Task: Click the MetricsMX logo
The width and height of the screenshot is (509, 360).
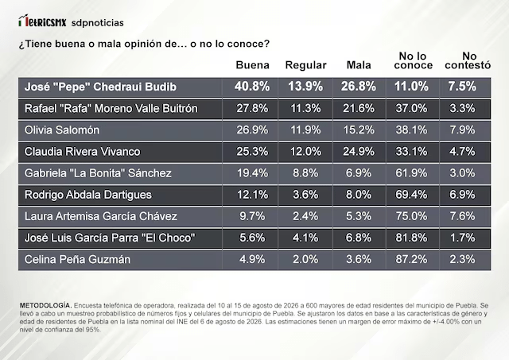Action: (42, 21)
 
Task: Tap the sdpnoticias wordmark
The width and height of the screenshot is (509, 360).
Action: (97, 23)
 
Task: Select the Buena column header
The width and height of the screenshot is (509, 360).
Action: (253, 65)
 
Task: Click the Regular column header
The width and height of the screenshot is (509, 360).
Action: (305, 65)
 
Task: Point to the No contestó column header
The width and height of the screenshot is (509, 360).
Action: (468, 60)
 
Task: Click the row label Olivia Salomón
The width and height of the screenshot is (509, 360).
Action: (62, 130)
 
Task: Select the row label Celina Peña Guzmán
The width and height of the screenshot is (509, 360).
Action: (77, 259)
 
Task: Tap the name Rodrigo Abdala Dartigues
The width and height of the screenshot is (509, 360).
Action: (88, 195)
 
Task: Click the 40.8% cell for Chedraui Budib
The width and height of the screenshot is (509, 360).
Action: (252, 87)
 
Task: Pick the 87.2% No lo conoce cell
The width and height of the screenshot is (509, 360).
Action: (411, 259)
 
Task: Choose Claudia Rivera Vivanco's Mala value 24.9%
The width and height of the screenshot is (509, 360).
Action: (359, 152)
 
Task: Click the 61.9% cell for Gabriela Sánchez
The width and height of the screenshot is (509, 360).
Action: (411, 173)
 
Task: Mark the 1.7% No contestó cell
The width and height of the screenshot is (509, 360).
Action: (462, 238)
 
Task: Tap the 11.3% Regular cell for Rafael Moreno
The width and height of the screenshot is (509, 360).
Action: (305, 108)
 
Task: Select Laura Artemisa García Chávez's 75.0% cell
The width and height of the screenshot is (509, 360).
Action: (411, 216)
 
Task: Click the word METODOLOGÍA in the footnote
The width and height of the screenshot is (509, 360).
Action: (45, 305)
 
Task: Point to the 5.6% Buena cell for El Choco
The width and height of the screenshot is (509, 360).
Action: (252, 238)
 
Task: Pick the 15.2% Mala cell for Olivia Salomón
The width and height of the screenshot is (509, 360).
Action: (359, 130)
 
